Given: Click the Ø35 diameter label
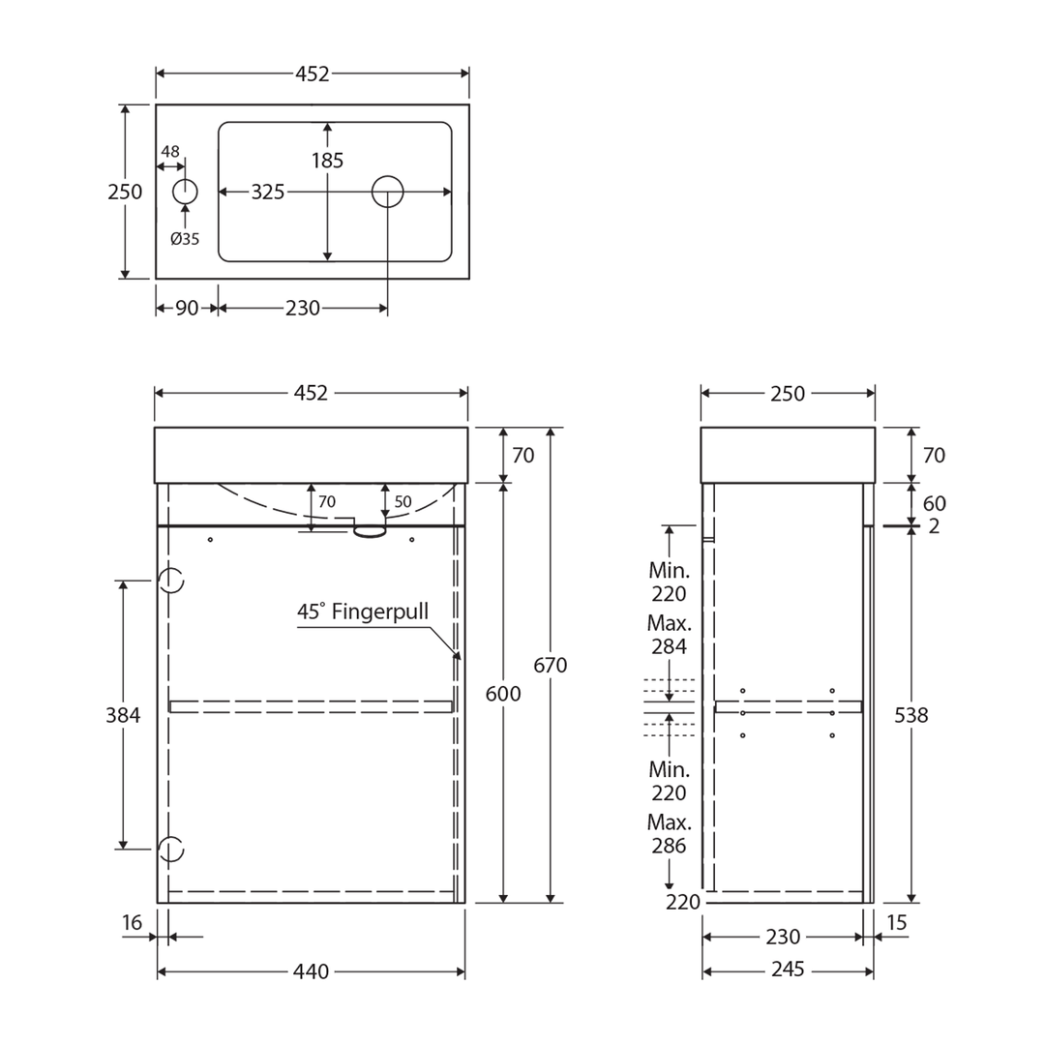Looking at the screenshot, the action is [x=185, y=239].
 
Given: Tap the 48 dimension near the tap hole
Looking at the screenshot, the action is [x=170, y=151].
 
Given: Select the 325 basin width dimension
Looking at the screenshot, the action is [x=267, y=192].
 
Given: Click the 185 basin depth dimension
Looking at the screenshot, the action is [x=327, y=160].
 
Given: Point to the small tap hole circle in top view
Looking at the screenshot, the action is [x=185, y=179].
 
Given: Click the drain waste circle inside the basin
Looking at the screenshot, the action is [x=387, y=176].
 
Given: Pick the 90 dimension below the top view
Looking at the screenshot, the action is [x=188, y=308].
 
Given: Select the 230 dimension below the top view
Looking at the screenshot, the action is [x=303, y=308].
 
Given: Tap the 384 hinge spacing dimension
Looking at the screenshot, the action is [x=123, y=715].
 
